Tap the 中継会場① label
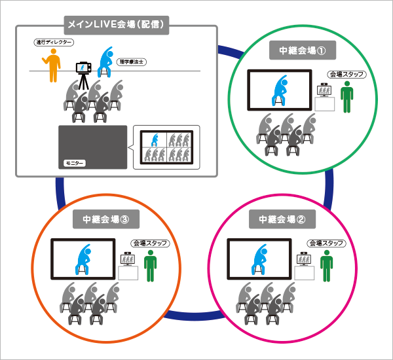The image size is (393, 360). click(298, 51)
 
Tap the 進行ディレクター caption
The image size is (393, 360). click(53, 43)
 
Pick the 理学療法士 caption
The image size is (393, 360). click(132, 62)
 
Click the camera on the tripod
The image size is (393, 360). click(83, 67)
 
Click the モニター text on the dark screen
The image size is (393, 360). click(74, 161)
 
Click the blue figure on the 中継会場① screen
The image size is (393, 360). click(279, 90)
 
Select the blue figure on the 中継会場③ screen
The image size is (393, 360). click(83, 261)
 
